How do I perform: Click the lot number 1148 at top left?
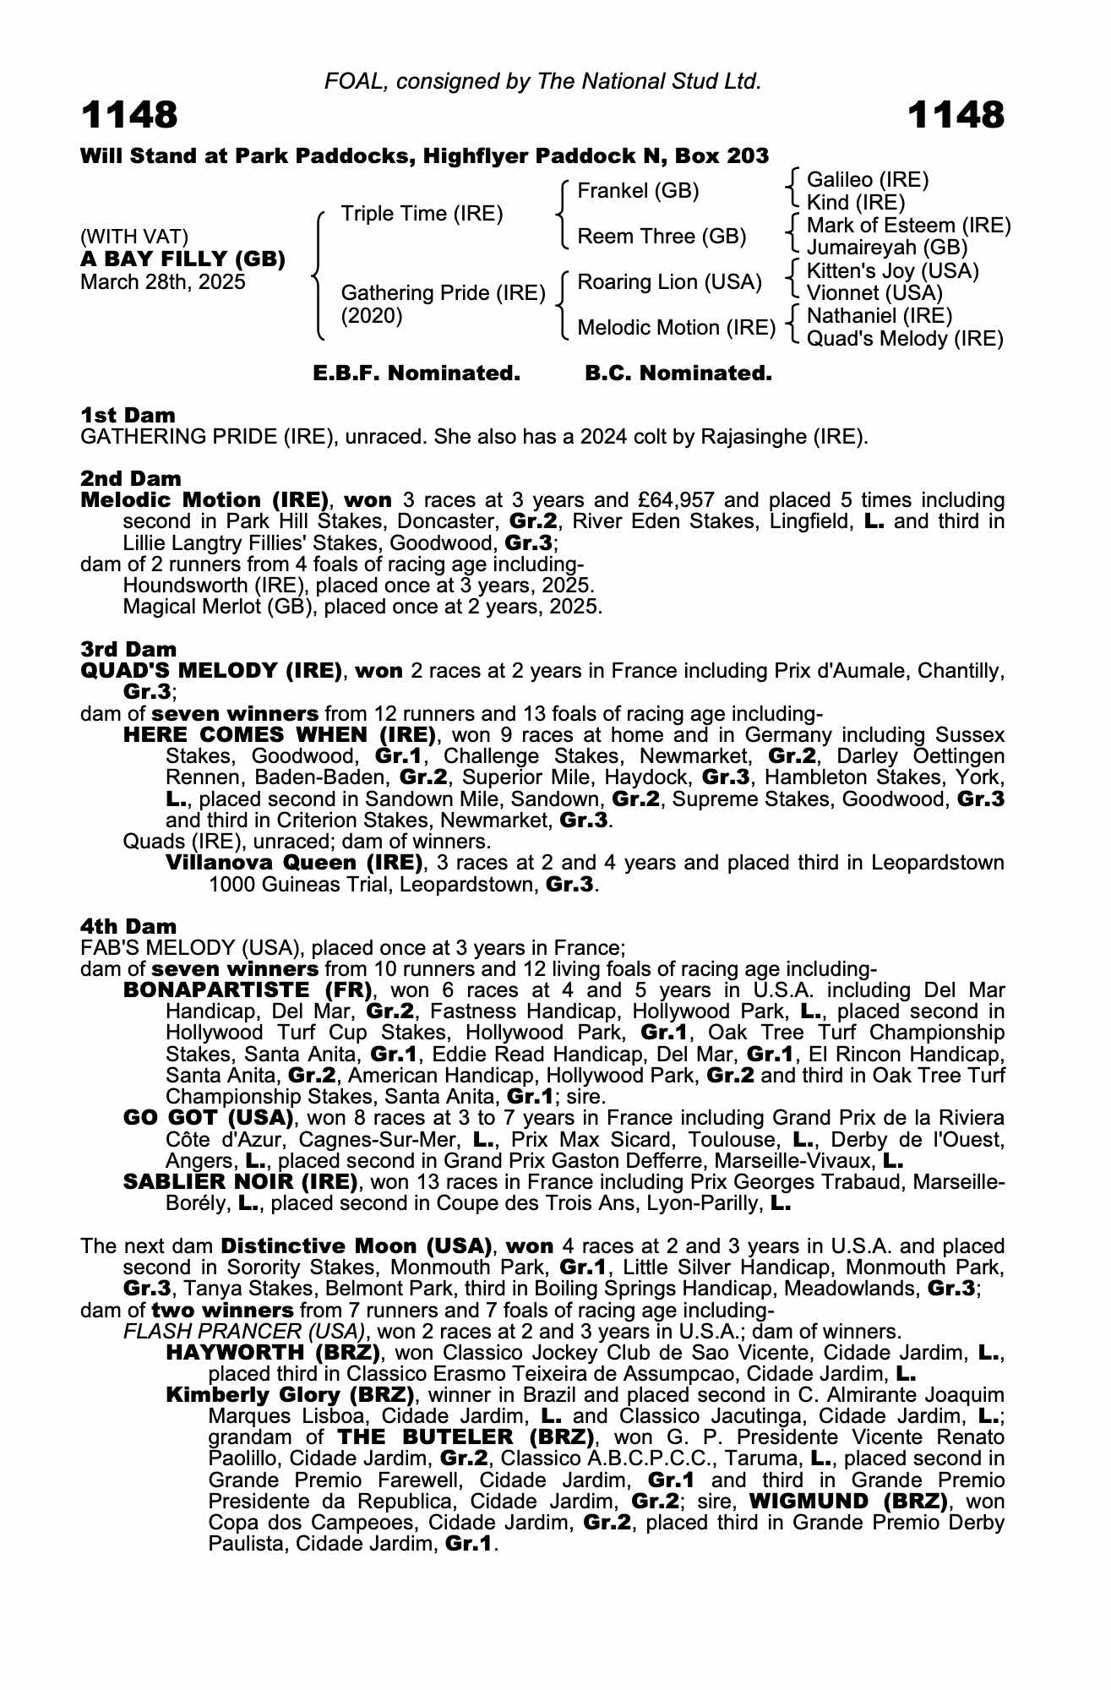(x=129, y=115)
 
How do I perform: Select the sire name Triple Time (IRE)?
(x=422, y=214)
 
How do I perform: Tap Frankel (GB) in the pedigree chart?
(x=638, y=191)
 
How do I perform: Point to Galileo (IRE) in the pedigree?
(x=868, y=180)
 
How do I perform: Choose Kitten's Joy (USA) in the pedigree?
(x=893, y=271)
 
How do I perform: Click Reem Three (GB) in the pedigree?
(x=662, y=237)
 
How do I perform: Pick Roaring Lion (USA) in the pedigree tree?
(x=669, y=282)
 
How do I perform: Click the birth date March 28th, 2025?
(x=163, y=282)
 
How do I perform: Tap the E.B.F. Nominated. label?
(x=417, y=373)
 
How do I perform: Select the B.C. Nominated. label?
(x=678, y=373)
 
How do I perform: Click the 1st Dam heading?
(x=128, y=415)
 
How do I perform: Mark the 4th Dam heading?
(x=128, y=927)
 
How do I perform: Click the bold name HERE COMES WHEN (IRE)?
(x=280, y=735)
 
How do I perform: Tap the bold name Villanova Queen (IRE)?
(x=294, y=863)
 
